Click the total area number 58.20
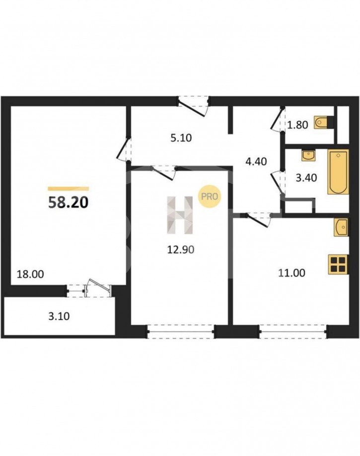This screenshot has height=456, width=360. (x=68, y=203)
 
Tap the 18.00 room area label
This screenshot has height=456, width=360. (x=30, y=274)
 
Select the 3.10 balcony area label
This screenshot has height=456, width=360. (x=59, y=316)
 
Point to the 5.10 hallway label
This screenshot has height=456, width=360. (x=181, y=138)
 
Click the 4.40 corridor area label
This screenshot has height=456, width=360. (x=256, y=161)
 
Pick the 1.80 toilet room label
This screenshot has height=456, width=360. (x=297, y=125)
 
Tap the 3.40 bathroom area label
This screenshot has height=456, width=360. (x=306, y=178)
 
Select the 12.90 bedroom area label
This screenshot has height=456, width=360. (x=181, y=249)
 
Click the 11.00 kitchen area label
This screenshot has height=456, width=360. (x=291, y=273)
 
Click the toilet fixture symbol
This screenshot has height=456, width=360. (x=323, y=122)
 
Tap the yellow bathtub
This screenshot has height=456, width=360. (x=338, y=172)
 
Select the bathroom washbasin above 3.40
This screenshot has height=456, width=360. (x=308, y=155)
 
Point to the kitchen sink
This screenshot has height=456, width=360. (x=342, y=228)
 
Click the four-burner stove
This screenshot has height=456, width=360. (x=339, y=264)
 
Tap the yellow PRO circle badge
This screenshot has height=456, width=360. (x=210, y=197)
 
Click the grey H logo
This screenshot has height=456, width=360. (x=180, y=215)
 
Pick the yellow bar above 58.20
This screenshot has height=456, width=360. (x=69, y=188)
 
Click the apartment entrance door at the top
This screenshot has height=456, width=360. (x=194, y=106)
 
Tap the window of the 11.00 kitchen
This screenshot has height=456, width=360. (x=292, y=332)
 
